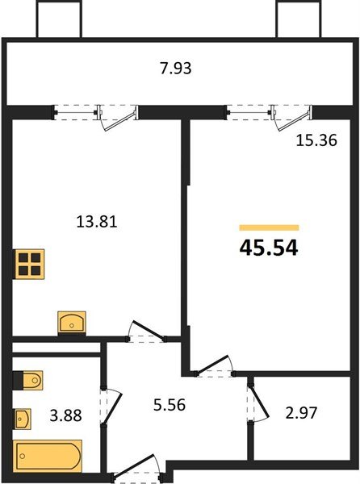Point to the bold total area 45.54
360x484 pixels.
(x=269, y=248)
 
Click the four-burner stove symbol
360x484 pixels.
(x=28, y=264)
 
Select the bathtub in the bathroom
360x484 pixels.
(x=48, y=456)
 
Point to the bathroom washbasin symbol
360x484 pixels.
(x=23, y=419)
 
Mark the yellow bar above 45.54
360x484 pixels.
(x=269, y=228)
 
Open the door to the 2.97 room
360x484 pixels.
(x=258, y=402)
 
